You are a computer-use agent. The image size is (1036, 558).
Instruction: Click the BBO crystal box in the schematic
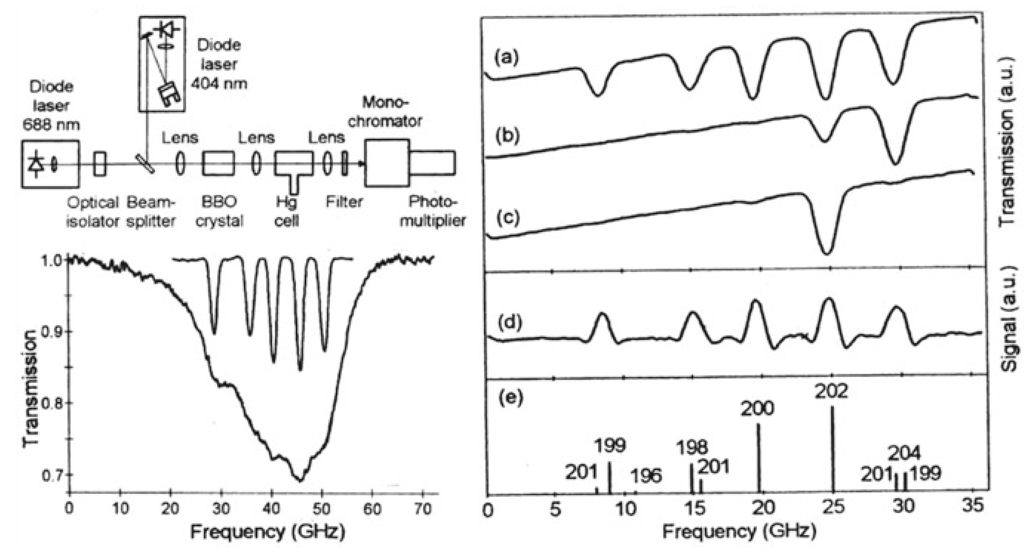coord(218,163)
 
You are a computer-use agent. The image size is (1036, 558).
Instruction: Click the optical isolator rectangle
coord(100,164)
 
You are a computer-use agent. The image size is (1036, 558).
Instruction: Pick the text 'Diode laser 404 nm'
coord(218,64)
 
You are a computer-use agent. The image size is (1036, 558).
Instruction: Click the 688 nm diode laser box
coord(50,164)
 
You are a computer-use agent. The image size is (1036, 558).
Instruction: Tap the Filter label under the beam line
coord(344,201)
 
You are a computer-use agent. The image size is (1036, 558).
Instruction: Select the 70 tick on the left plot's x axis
coord(422,508)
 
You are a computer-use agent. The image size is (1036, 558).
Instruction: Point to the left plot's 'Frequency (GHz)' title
coord(268,532)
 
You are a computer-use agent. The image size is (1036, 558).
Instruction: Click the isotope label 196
coord(646,476)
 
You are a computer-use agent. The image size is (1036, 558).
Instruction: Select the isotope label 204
coord(904,453)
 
